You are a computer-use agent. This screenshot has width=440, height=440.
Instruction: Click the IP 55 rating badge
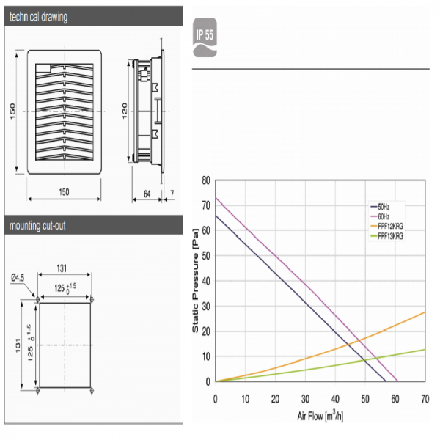205,37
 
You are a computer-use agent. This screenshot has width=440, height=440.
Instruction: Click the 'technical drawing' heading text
38,17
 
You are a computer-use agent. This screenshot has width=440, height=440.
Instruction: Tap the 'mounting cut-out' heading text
37,226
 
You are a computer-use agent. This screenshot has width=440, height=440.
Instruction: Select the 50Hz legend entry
380,207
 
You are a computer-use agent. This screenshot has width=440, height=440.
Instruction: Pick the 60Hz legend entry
380,216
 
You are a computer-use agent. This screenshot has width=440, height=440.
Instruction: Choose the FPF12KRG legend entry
387,226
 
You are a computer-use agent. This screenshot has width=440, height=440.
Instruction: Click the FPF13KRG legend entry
387,236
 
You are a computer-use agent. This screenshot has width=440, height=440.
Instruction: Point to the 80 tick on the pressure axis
206,180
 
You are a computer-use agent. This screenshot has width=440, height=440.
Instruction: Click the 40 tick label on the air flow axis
335,399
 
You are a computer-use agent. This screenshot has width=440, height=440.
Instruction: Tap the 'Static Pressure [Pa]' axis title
195,281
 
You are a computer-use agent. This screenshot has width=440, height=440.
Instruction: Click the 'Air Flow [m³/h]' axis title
320,416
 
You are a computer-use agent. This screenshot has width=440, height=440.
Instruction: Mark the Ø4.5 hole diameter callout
18,278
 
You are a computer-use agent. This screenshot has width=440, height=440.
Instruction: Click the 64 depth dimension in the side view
147,194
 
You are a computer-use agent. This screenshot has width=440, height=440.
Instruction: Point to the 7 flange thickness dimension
172,194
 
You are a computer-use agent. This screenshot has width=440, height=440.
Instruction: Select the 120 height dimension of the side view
125,111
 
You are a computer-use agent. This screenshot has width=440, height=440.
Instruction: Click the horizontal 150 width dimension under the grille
64,192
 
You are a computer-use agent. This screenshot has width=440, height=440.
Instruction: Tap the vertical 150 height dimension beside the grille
12,111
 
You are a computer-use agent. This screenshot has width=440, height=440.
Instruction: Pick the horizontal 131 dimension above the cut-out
62,268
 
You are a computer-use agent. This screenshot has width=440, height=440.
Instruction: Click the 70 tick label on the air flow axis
425,399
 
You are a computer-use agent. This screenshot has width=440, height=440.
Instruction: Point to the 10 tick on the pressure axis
206,356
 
